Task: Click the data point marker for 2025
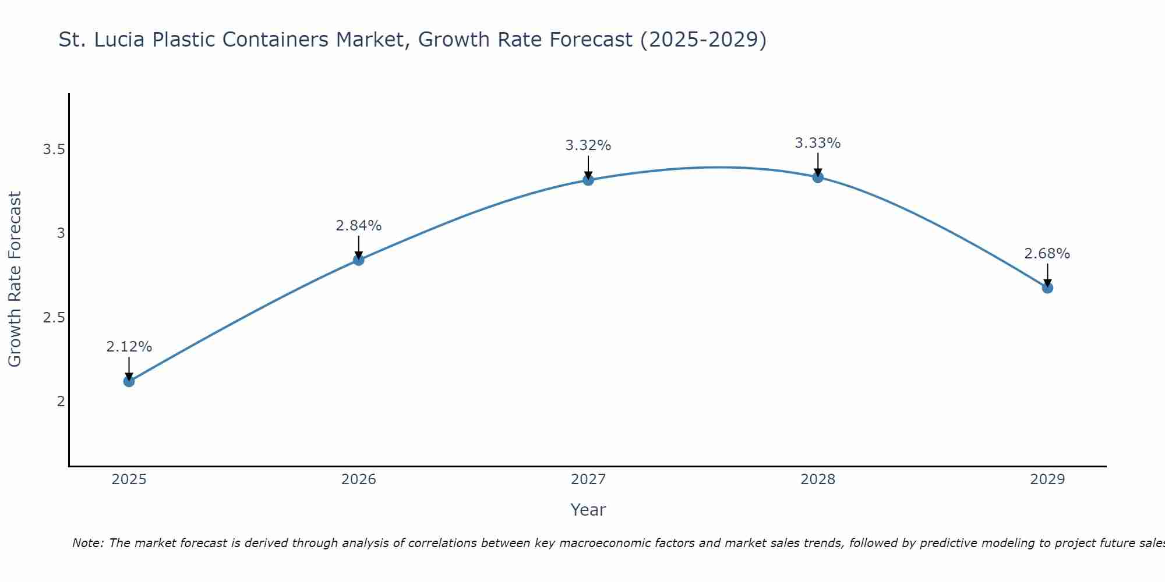click(129, 381)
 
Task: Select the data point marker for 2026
click(359, 260)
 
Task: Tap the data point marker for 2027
click(588, 180)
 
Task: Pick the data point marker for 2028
click(818, 177)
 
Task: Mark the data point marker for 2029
click(1047, 288)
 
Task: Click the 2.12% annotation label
click(129, 347)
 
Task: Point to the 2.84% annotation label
click(359, 226)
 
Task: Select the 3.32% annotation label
click(588, 145)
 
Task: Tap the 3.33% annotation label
click(818, 143)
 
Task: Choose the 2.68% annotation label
click(1047, 254)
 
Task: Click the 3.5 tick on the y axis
click(54, 150)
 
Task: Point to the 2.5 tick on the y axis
click(54, 318)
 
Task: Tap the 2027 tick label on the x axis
click(588, 480)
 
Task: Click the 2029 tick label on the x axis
click(1047, 480)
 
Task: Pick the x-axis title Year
click(588, 510)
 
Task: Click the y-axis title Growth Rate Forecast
click(15, 279)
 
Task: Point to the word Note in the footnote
click(87, 543)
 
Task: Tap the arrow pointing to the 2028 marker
click(818, 165)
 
